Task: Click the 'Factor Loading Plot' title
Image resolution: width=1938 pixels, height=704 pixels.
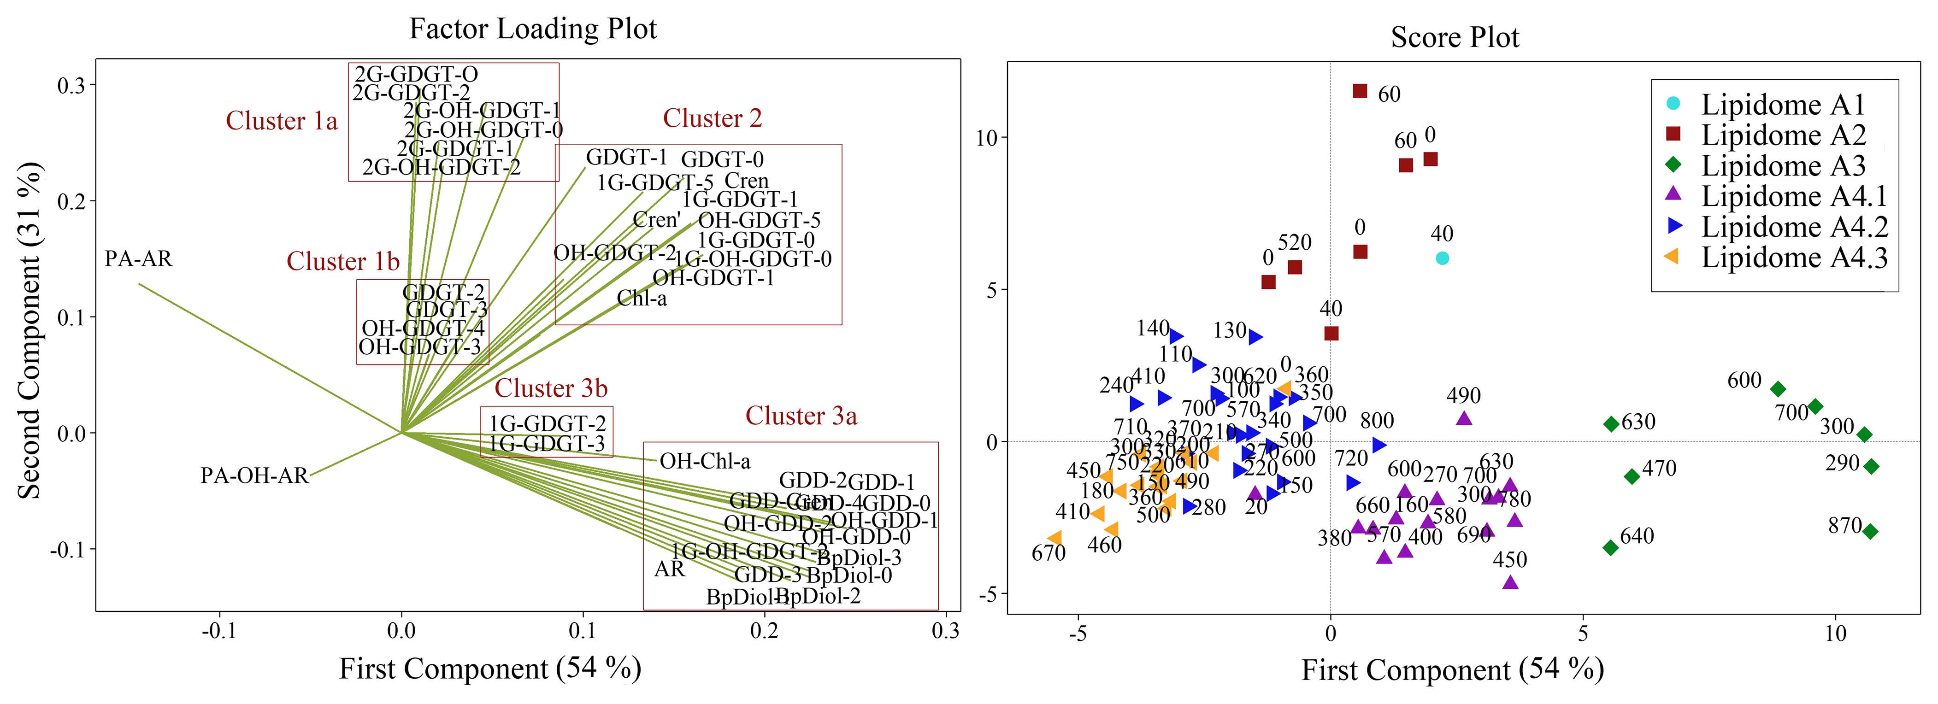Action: point(533,29)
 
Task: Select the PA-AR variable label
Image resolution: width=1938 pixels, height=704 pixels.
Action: point(138,259)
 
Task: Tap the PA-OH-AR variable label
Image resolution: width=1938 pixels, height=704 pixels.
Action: point(254,476)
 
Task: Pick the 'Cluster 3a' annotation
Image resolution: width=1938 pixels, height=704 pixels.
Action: point(801,416)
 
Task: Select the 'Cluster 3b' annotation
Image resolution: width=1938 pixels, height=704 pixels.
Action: point(551,388)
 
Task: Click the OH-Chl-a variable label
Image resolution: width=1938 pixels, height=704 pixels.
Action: point(705,461)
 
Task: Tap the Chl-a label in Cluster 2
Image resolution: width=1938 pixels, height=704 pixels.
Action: point(642,299)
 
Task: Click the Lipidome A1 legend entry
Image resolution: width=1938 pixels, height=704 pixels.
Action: point(1783,105)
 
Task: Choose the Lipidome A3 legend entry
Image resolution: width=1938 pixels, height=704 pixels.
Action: point(1783,165)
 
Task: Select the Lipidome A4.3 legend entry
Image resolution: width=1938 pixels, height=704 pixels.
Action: point(1794,257)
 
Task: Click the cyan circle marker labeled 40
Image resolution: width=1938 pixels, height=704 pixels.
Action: point(1442,258)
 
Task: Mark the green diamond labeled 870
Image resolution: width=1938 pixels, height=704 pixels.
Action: point(1870,531)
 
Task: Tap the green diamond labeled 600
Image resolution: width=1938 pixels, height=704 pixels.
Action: point(1778,389)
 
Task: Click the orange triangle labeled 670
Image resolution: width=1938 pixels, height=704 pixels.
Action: point(1055,538)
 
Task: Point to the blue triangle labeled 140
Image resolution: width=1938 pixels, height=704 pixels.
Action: point(1176,337)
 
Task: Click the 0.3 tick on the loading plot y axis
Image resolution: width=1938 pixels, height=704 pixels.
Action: point(71,85)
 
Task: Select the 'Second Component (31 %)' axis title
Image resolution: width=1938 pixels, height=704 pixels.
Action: point(30,331)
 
